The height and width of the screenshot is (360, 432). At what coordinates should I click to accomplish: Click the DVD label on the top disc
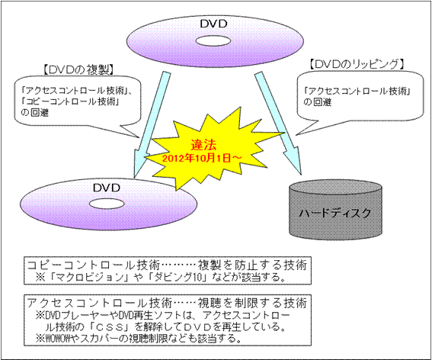(213, 24)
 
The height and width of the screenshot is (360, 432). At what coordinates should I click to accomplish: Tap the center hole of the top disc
(213, 41)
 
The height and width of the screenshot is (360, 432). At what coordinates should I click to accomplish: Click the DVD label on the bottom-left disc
(107, 188)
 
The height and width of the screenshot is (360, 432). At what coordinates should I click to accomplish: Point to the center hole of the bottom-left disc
(107, 204)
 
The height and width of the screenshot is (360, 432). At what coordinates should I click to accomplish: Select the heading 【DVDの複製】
(78, 70)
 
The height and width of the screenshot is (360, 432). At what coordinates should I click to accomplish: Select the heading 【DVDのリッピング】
(357, 64)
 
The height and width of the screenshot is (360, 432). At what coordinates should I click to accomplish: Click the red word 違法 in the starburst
(203, 145)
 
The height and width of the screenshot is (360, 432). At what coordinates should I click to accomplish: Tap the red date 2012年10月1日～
(202, 159)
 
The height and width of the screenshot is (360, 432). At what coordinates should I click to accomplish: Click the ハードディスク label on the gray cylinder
(335, 214)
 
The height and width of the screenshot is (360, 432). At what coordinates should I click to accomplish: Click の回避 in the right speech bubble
(318, 102)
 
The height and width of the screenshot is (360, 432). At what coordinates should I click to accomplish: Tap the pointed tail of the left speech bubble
(139, 137)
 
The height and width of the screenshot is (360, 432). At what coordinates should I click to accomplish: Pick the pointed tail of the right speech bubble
(296, 135)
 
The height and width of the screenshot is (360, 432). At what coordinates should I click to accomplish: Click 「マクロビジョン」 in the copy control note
(88, 277)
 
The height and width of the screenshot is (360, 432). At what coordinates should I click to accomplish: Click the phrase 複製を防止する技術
(252, 265)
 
